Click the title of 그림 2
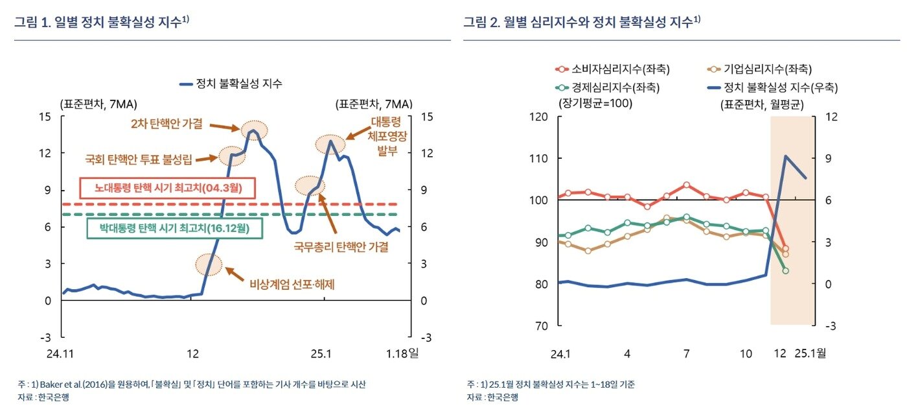[581, 22]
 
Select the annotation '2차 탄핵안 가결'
[166, 123]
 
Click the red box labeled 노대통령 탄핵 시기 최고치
[168, 189]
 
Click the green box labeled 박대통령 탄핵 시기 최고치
[174, 228]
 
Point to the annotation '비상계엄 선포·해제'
[292, 283]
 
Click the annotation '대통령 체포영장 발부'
[387, 137]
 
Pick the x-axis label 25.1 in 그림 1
[320, 354]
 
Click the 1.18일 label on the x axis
[402, 354]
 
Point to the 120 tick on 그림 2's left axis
[539, 117]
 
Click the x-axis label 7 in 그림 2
[686, 354]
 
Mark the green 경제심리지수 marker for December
[785, 271]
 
